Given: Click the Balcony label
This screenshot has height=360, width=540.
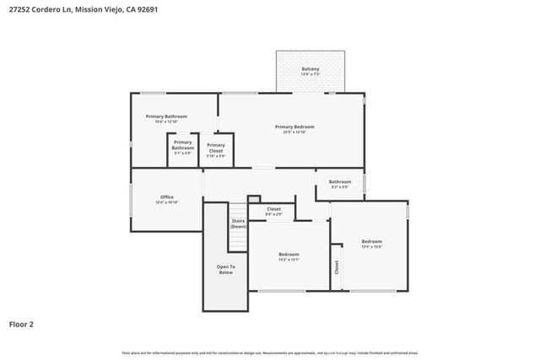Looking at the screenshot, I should coord(310,69).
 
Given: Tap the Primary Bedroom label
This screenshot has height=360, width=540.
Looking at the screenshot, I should coord(294,126).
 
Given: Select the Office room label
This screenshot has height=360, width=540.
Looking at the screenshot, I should coord(167,196).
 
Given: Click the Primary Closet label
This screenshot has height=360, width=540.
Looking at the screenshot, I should coord(216,148).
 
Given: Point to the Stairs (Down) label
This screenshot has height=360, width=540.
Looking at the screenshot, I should coord(239,223).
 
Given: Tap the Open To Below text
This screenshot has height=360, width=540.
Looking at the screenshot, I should coord(226,270).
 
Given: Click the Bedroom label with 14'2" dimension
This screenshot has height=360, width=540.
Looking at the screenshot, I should coord(289,254).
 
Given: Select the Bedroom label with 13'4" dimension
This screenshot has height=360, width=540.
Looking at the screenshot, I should coord(372,241).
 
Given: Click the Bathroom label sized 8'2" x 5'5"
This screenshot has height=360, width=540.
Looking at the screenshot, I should coord(340,181).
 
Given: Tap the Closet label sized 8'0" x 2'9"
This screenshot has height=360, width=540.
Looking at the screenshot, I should coord(274,208).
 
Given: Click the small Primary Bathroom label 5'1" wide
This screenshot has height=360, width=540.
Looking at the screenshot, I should coord(183,145).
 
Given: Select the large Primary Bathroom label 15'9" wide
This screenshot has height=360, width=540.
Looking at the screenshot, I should coord(166,116).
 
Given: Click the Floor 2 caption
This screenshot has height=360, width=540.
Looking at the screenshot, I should coord(21,323).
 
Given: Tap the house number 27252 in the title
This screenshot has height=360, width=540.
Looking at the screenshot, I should coord(20,9).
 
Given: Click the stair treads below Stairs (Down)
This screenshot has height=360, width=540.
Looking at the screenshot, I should coord(239,241).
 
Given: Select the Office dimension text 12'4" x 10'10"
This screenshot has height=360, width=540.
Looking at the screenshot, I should coord(167,202).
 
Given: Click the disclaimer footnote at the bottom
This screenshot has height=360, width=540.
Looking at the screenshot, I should coord(270,352).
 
